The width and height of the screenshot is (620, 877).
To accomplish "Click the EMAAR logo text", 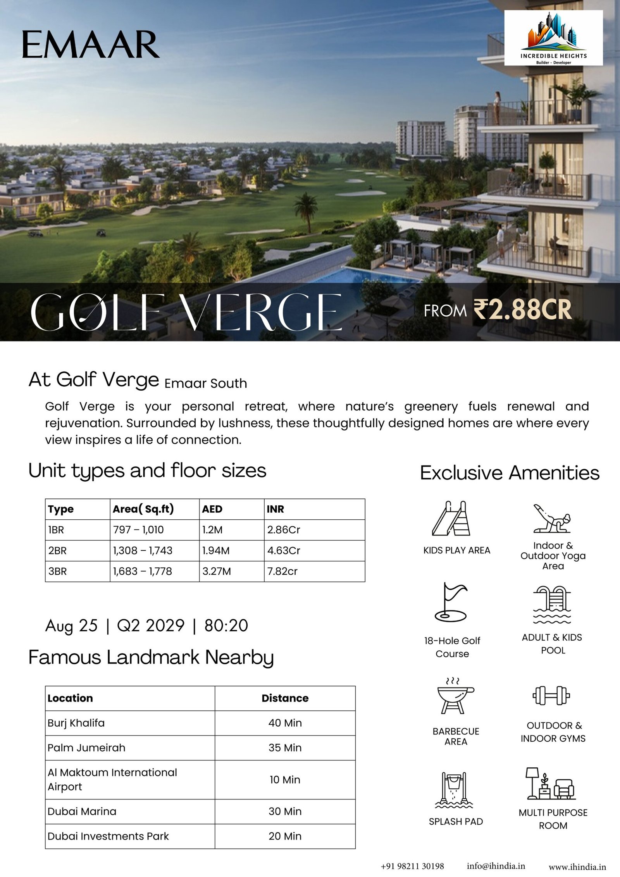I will point(91,45).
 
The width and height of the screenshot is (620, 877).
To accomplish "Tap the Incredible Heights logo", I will point(553,38).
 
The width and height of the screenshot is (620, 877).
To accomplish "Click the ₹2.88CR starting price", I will point(522,310).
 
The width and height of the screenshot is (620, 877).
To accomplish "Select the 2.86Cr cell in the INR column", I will point(284,530).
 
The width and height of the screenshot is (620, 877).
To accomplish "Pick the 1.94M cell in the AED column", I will point(216,551).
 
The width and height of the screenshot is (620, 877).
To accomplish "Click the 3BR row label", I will point(57,571).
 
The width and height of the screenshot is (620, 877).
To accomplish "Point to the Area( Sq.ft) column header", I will point(143,509).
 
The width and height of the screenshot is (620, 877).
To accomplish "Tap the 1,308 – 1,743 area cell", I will point(143,551).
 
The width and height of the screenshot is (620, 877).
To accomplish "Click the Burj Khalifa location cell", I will point(76,723).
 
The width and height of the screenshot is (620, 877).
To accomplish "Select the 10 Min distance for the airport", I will point(285,779).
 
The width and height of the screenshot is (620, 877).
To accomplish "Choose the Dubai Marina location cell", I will point(82,811).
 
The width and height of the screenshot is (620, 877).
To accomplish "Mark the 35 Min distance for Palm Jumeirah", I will point(285,748).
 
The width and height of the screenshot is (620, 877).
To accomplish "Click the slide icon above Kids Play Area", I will point(451,519).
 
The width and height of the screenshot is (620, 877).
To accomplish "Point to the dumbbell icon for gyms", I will point(551,696).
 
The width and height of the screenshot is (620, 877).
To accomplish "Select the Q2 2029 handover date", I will point(150,626).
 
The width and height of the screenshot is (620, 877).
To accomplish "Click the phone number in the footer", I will point(412,866).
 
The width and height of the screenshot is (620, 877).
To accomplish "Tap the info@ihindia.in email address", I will point(496,866).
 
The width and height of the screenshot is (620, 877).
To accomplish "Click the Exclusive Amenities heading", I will point(510,473).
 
